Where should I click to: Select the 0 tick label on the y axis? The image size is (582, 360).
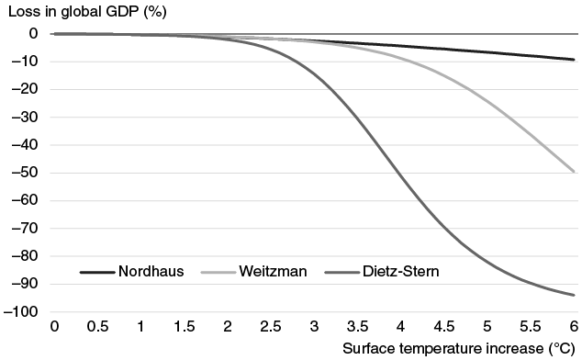pyautogui.click(x=33, y=34)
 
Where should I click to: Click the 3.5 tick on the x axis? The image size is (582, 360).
pyautogui.click(x=357, y=327)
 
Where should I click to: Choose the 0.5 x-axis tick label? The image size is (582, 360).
pyautogui.click(x=98, y=327)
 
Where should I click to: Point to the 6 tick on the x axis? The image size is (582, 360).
pyautogui.click(x=574, y=327)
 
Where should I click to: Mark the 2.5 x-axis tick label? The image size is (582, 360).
pyautogui.click(x=271, y=327)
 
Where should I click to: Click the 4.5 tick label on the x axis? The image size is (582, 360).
pyautogui.click(x=443, y=327)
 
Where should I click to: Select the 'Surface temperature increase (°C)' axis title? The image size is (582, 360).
pyautogui.click(x=459, y=349)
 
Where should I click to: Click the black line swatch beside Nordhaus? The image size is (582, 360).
pyautogui.click(x=96, y=272)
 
